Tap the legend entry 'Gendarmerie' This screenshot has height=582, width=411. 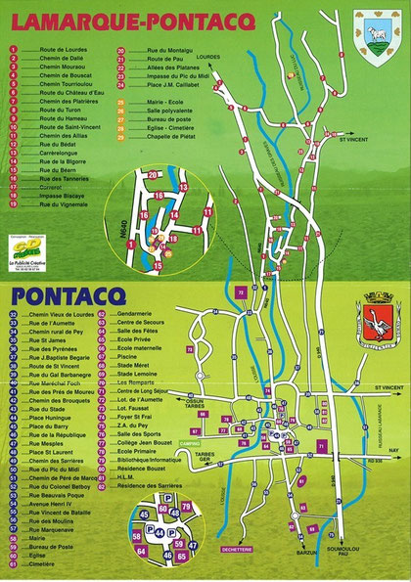pos(166,315)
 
